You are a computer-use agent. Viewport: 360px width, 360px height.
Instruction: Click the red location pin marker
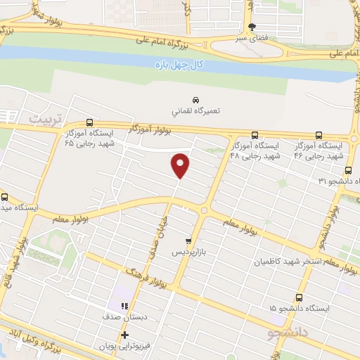click(181, 165)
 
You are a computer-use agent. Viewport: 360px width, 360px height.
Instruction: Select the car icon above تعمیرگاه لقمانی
click(195, 99)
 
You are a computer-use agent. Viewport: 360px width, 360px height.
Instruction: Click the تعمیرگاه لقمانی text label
click(195, 111)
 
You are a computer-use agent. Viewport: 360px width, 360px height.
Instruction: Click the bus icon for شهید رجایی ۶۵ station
click(89, 122)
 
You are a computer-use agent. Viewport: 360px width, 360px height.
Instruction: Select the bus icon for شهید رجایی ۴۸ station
click(255, 136)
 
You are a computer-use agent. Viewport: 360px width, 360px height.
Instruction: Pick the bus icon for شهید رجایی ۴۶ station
click(319, 136)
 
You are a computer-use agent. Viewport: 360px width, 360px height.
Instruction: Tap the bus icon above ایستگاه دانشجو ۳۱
click(349, 170)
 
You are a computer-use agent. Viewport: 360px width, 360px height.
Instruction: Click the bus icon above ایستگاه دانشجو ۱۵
click(300, 297)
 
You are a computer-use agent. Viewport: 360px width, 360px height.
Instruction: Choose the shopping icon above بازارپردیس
click(188, 240)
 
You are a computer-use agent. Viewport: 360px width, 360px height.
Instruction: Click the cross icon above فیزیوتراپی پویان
click(124, 334)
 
